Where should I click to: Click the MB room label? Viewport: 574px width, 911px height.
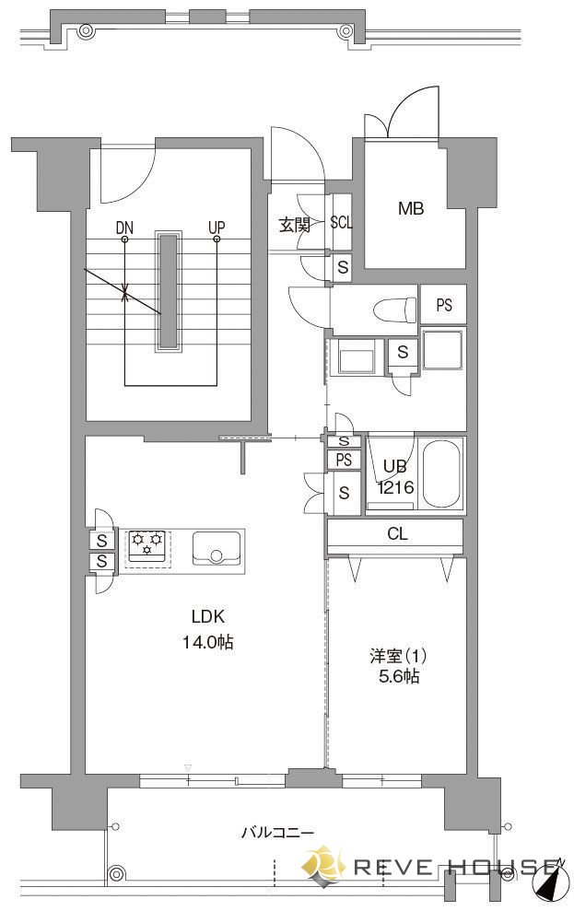[x=411, y=208]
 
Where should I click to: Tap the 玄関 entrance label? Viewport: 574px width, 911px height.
[x=294, y=225]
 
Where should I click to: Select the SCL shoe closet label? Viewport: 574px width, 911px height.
[x=341, y=223]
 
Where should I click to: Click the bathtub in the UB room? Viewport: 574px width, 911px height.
[x=441, y=474]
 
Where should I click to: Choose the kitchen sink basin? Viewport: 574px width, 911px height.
[x=217, y=547]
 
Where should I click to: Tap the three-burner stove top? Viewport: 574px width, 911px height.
[x=148, y=546]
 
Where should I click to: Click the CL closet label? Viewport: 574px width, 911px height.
[x=397, y=534]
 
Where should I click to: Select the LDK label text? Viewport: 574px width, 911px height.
[x=208, y=616]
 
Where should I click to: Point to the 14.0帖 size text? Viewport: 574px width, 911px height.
[x=208, y=641]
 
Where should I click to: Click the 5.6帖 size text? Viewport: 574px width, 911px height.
[x=399, y=676]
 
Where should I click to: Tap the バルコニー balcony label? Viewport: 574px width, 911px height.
[x=277, y=833]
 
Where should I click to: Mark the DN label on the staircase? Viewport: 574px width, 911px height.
[x=124, y=228]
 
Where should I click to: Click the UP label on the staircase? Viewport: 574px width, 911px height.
[x=217, y=228]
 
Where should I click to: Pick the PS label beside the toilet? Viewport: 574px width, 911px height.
[x=444, y=305]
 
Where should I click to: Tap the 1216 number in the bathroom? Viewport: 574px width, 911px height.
[x=395, y=487]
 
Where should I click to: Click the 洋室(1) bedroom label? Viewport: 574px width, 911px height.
[x=399, y=656]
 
